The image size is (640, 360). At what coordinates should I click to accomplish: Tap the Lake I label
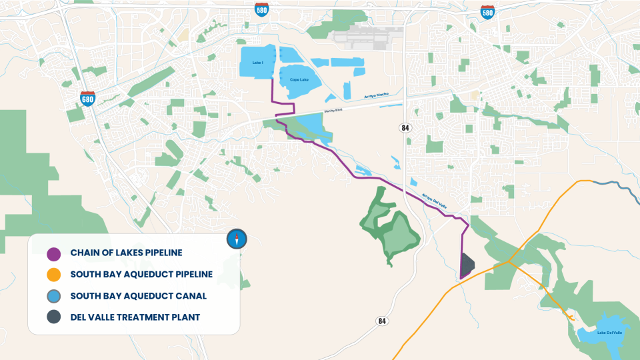258,63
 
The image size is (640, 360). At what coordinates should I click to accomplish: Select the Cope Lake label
299,80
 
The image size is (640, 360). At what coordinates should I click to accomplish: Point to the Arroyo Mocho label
376,96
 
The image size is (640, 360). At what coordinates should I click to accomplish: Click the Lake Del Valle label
609,332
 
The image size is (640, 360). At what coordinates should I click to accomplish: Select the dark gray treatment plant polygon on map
467,265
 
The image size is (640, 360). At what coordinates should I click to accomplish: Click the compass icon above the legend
237,238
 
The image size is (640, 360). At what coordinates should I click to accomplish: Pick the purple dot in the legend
54,253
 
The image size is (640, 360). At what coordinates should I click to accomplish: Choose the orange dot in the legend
54,274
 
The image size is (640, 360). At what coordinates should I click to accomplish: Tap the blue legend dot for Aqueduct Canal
54,295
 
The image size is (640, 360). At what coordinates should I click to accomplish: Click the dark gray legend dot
54,317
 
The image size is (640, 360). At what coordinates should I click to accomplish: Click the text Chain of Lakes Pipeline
126,253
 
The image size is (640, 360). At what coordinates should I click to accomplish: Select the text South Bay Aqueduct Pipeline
141,274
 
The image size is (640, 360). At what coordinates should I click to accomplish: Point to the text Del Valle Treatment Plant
135,317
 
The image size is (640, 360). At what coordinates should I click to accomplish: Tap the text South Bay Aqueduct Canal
138,295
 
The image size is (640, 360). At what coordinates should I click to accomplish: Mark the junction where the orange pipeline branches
509,262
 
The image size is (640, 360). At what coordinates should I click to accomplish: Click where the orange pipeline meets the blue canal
591,181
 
